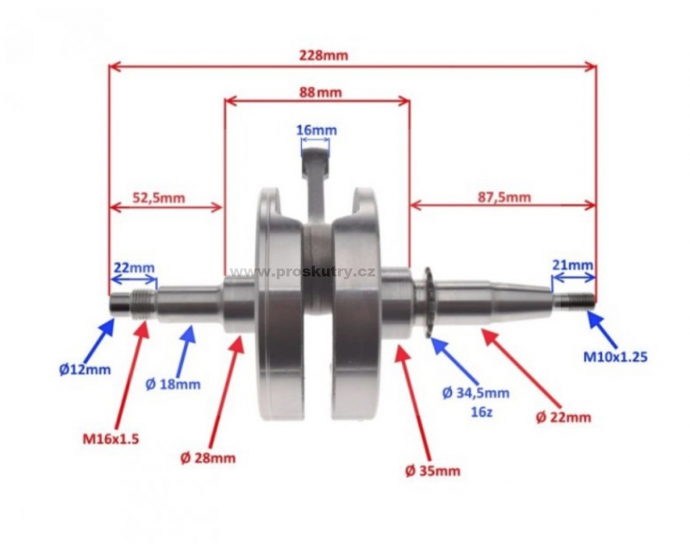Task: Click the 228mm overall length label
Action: click(323, 55)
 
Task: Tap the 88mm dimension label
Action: click(320, 92)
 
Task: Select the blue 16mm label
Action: click(317, 130)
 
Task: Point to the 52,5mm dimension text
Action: click(159, 197)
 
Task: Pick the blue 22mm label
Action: click(135, 267)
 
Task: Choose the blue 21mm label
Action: click(573, 266)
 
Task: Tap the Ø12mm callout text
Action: click(85, 369)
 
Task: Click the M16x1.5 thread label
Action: click(110, 439)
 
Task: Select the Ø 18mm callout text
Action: click(173, 385)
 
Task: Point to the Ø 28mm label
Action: click(208, 459)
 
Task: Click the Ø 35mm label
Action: click(433, 471)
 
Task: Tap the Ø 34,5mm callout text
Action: click(476, 393)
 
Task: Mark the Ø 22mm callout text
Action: click(563, 416)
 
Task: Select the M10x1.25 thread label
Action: click(615, 357)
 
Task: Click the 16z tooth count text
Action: click(476, 413)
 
